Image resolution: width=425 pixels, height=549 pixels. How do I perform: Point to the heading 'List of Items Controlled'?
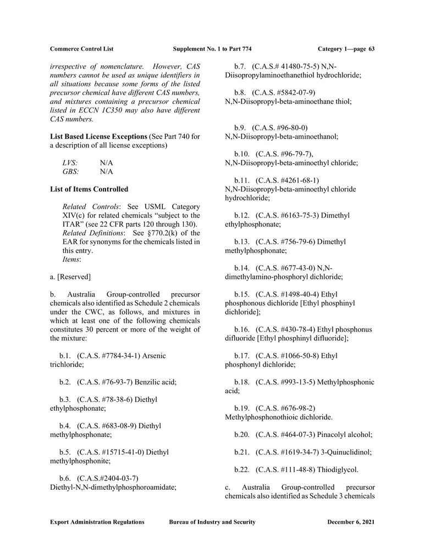89,189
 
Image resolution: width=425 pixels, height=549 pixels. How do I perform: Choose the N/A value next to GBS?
106,171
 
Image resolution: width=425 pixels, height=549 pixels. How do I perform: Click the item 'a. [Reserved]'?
70,277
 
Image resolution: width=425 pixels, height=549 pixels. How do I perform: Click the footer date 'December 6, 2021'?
351,522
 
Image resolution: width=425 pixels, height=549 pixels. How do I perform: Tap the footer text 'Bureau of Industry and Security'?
212,522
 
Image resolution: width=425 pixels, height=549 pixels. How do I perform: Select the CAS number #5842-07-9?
286,92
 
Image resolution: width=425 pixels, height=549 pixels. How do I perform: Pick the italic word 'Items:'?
72,259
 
